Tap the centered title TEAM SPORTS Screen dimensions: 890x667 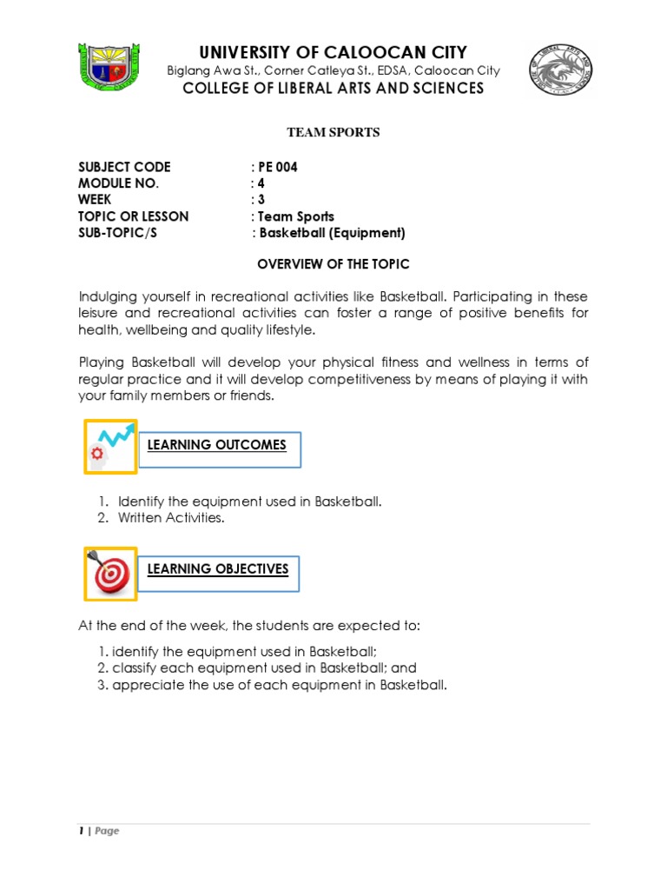point(333,133)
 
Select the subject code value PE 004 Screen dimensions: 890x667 point(276,167)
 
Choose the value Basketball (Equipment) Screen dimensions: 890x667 point(332,233)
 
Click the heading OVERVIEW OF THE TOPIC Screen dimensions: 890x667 point(333,263)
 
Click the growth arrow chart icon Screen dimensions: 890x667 point(110,446)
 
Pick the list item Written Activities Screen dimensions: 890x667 point(171,518)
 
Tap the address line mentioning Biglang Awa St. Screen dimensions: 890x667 point(333,70)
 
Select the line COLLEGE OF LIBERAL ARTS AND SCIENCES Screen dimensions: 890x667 point(333,89)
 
